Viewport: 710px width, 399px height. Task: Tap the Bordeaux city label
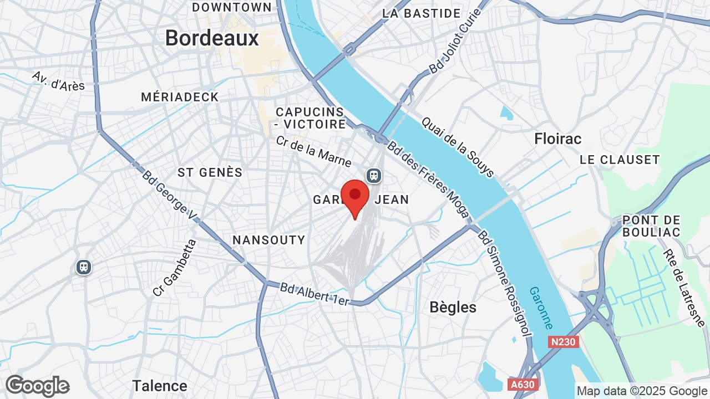(212, 38)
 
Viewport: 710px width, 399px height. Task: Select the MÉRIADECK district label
(180, 97)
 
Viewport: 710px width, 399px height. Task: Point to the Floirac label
(557, 139)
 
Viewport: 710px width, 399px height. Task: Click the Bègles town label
(453, 307)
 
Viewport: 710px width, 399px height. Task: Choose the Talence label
(160, 386)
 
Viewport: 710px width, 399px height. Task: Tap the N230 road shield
(564, 342)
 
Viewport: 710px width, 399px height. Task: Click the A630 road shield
(523, 384)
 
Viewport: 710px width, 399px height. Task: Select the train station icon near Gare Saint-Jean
(374, 176)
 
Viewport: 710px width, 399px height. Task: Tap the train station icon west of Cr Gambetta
(84, 267)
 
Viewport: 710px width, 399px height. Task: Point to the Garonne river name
(541, 308)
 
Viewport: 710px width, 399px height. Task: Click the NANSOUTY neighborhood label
(268, 240)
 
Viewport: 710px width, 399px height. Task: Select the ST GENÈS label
(210, 172)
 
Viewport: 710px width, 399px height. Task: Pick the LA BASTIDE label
(422, 13)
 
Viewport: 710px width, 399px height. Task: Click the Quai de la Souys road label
(458, 147)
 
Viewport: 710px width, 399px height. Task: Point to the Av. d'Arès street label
(58, 80)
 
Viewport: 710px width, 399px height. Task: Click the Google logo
(37, 386)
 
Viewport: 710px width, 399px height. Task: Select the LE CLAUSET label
(620, 160)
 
